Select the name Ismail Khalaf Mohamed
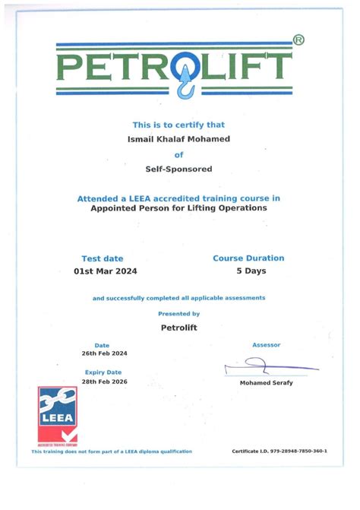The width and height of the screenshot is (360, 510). tap(178, 138)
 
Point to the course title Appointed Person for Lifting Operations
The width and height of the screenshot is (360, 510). tap(178, 207)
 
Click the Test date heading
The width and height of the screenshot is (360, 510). tap(102, 258)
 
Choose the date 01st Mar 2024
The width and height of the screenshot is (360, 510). tap(106, 271)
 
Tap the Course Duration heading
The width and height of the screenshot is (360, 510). tap(248, 258)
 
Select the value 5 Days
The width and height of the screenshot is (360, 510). tap(251, 271)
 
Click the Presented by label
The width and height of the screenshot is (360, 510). tap(178, 313)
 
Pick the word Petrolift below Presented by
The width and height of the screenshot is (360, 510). tap(179, 328)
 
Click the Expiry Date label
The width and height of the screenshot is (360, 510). tap(103, 372)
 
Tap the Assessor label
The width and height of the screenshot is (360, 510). tap(266, 345)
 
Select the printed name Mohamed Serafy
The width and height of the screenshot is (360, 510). tap(266, 382)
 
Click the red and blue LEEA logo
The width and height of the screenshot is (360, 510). tap(58, 415)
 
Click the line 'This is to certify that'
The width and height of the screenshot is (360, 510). tap(178, 125)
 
